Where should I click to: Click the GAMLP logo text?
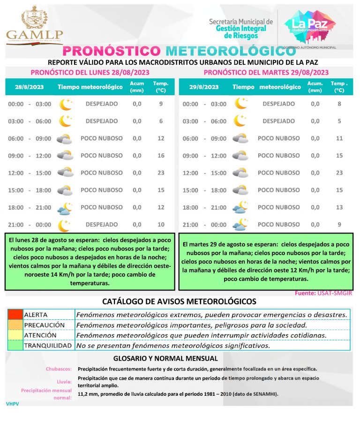coord(34,34)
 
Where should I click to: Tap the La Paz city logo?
coord(313,26)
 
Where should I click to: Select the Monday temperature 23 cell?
coord(161,173)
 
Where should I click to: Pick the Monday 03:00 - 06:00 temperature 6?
coord(161,121)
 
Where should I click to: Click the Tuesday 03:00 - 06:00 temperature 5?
coord(339,121)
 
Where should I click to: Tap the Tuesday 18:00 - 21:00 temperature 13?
coord(339,207)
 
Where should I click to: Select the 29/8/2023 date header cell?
coord(204,87)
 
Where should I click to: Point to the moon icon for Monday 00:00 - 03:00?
coord(65,104)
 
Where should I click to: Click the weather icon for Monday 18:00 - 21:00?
coord(65,208)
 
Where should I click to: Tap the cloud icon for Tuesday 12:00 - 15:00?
coord(240,173)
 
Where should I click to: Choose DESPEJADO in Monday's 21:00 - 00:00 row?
coord(102,225)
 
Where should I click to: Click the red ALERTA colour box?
coord(15,314)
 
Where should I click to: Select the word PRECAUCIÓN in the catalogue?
coord(45,325)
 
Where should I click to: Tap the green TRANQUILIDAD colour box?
coord(15,346)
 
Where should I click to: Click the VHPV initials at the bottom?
coord(12,404)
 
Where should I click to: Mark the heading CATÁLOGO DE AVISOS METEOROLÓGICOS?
coord(179,301)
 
